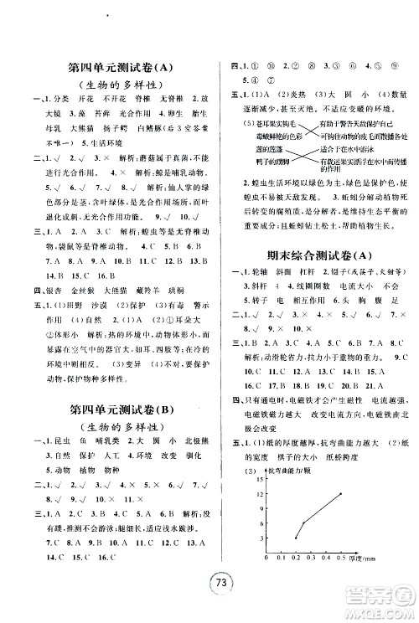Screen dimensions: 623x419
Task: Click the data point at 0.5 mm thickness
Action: [341, 493]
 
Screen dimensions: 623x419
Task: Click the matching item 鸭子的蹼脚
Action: [251, 159]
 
